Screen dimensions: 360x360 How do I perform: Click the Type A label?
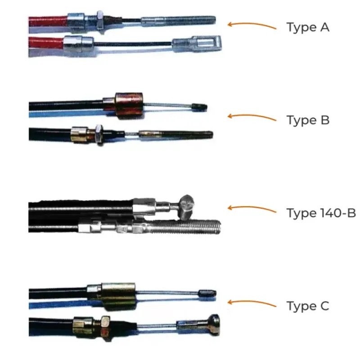pos(308,27)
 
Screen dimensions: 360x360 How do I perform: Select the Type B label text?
pos(308,120)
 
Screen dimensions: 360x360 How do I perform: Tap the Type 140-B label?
pos(321,213)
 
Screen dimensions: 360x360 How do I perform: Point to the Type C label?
pos(308,306)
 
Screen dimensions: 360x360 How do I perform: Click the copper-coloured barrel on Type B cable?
pos(129,105)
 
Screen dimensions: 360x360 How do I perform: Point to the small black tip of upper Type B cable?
pos(199,107)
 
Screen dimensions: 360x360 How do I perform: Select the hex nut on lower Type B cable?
pos(99,135)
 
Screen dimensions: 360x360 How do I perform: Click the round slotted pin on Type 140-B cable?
pos(187,207)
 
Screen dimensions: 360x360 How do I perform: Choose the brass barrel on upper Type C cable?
pos(119,297)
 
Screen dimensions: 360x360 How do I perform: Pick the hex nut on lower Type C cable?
pos(105,328)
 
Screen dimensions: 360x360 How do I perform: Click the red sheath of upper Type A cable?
pos(48,21)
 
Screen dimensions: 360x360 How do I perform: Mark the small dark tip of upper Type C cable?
pos(207,293)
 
